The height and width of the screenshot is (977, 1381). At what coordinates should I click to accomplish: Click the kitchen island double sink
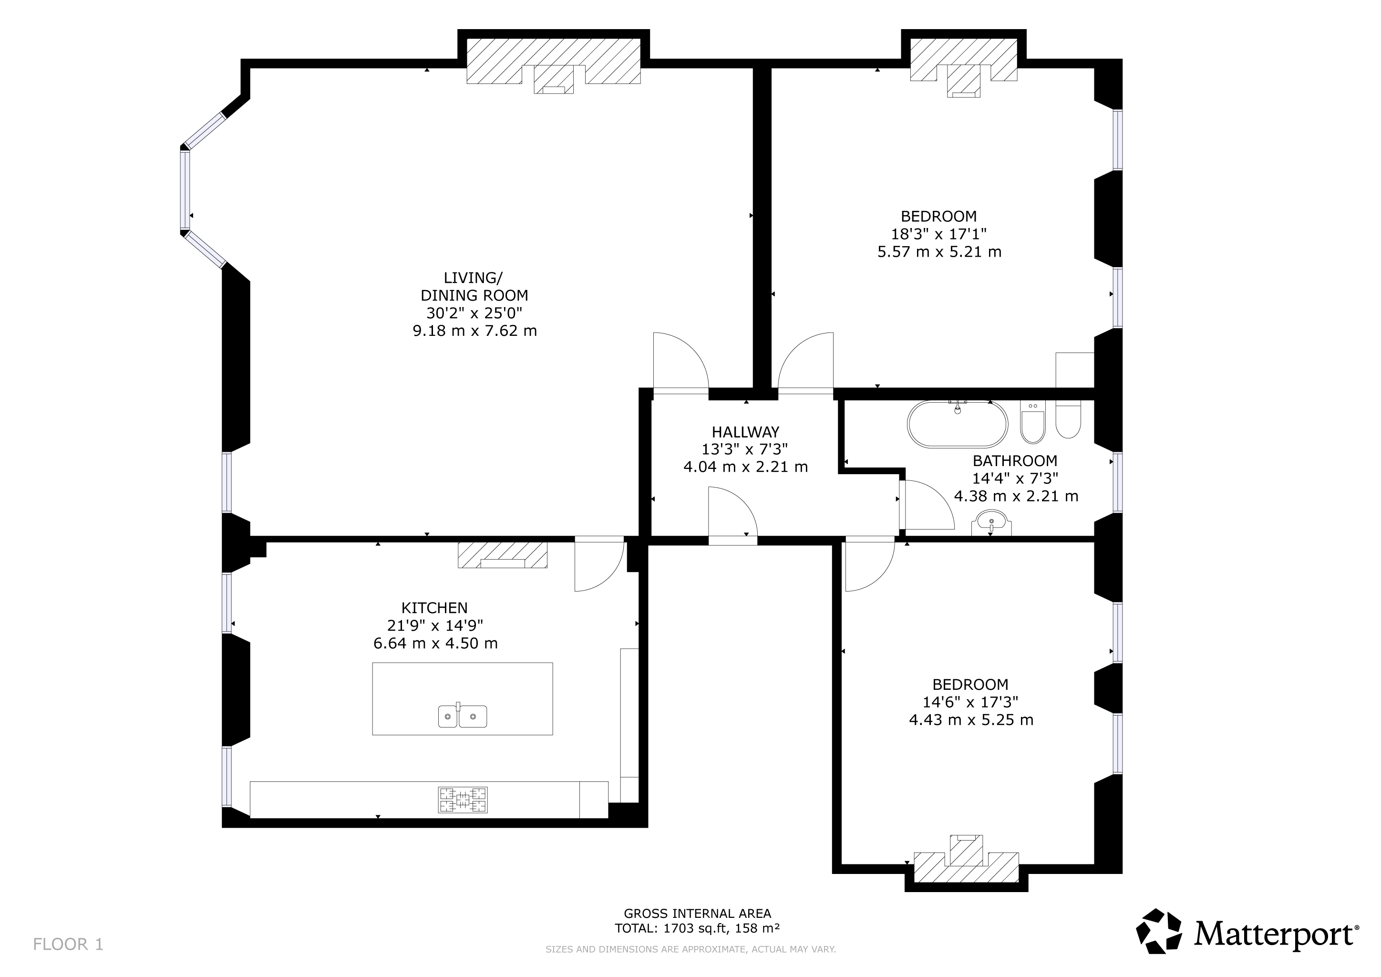pos(462,715)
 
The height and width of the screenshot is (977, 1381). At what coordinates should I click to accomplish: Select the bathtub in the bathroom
pos(957,424)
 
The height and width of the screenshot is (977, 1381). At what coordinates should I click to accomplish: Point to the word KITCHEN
pos(434,608)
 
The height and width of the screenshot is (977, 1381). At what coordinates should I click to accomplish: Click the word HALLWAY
pos(745,432)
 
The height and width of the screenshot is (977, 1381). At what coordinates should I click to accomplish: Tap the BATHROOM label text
pos(1015,461)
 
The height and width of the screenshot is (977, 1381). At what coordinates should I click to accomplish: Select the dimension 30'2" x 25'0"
pos(474,313)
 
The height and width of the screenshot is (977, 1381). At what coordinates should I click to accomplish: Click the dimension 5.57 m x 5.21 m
pos(939,251)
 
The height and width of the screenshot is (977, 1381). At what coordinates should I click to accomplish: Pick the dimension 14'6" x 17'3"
pos(971,702)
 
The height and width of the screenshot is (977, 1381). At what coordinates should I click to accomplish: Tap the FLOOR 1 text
pos(68,945)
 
